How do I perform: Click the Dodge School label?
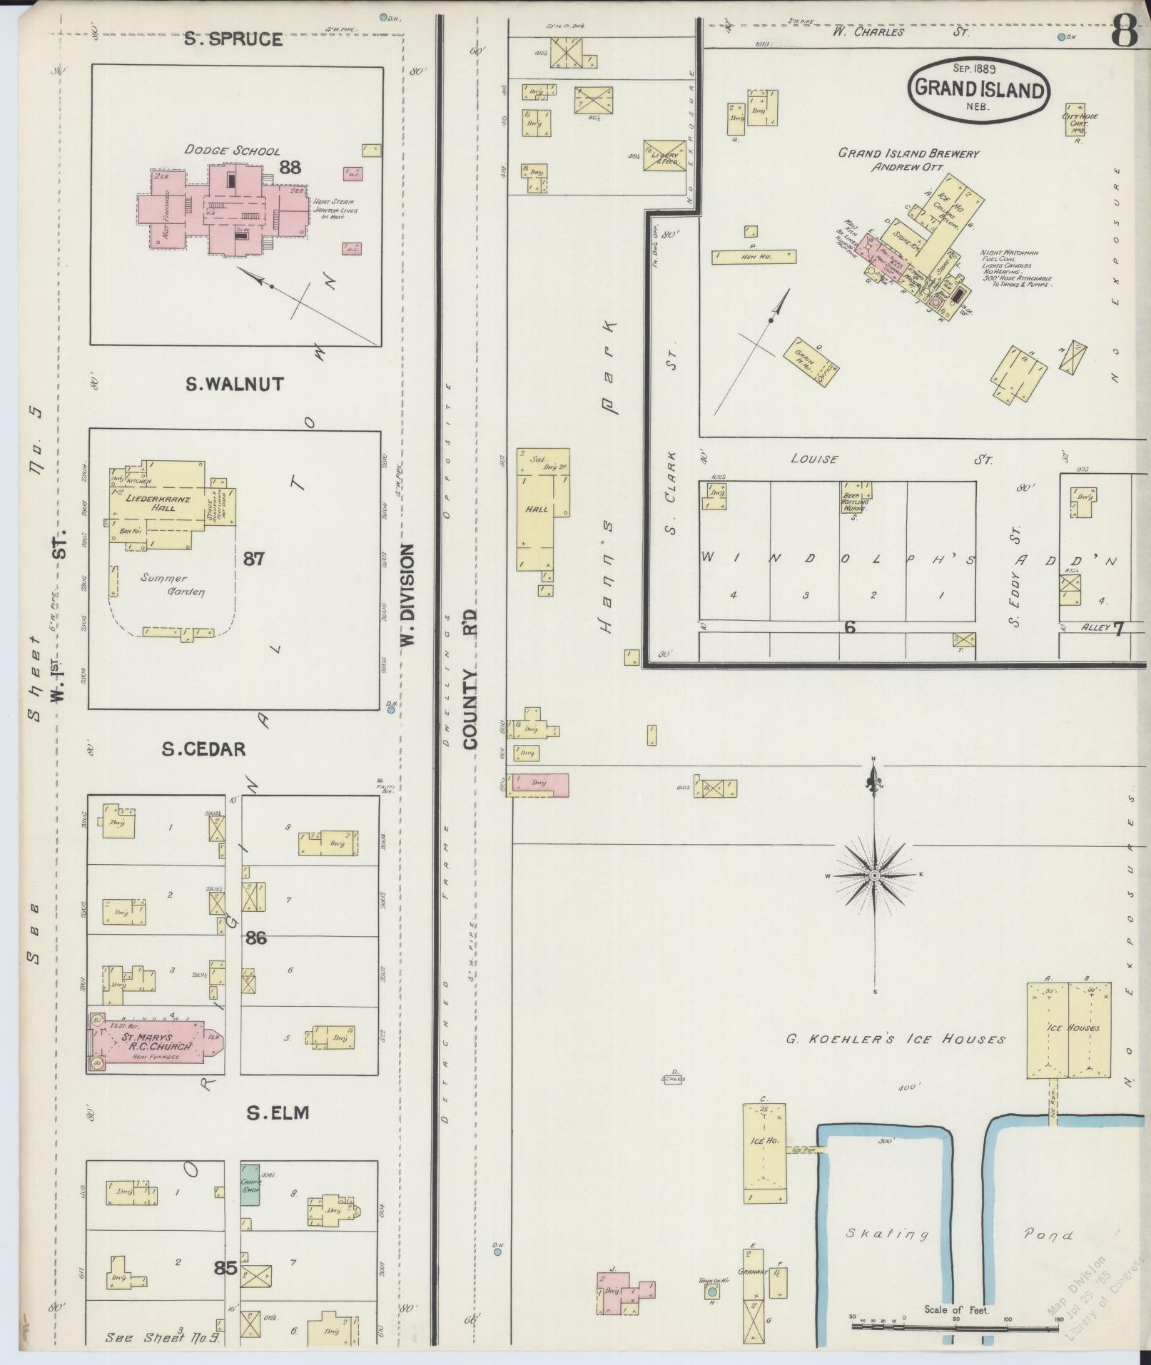pyautogui.click(x=232, y=151)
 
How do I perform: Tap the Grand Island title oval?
pyautogui.click(x=978, y=90)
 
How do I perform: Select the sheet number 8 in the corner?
pyautogui.click(x=1125, y=32)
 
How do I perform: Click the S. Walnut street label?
pyautogui.click(x=234, y=385)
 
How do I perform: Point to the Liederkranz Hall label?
pyautogui.click(x=164, y=504)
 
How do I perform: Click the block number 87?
pyautogui.click(x=253, y=558)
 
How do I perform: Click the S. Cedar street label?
pyautogui.click(x=203, y=749)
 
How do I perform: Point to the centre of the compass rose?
pyautogui.click(x=874, y=875)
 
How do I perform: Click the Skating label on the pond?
pyautogui.click(x=888, y=1234)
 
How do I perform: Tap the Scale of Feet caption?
pyautogui.click(x=957, y=1309)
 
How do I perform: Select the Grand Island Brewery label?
pyautogui.click(x=908, y=153)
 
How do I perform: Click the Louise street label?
pyautogui.click(x=813, y=460)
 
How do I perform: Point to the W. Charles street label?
pyautogui.click(x=868, y=31)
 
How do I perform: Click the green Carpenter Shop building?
pyautogui.click(x=249, y=1184)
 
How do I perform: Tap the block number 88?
pyautogui.click(x=290, y=168)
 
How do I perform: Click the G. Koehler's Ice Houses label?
pyautogui.click(x=896, y=1039)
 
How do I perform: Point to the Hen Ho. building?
pyautogui.click(x=754, y=257)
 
